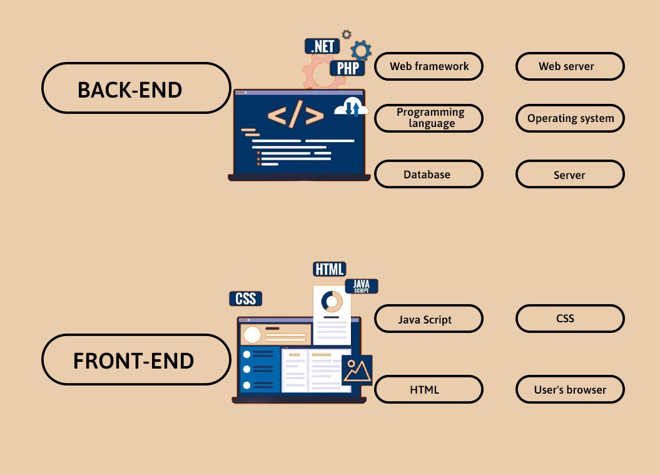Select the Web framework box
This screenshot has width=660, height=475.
point(429,66)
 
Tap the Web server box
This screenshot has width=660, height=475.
point(569,66)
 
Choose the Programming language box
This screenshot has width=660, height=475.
point(429,118)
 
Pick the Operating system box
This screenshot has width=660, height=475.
point(569,118)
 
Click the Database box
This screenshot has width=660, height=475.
point(429,174)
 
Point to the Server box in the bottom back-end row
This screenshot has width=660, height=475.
point(569,175)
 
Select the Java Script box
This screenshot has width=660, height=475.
point(429,319)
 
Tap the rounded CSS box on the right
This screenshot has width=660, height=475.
point(569,319)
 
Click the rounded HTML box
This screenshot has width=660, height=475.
point(429,389)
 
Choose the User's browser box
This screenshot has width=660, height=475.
point(569,389)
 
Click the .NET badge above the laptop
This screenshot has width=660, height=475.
point(322,46)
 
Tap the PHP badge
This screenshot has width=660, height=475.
point(347,68)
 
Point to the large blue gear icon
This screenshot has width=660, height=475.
point(361,50)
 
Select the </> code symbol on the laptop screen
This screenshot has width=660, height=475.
point(296,116)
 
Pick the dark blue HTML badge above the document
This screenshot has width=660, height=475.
point(329,269)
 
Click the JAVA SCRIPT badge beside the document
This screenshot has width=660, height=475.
point(361,287)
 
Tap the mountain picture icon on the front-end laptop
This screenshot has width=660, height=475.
point(357,370)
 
